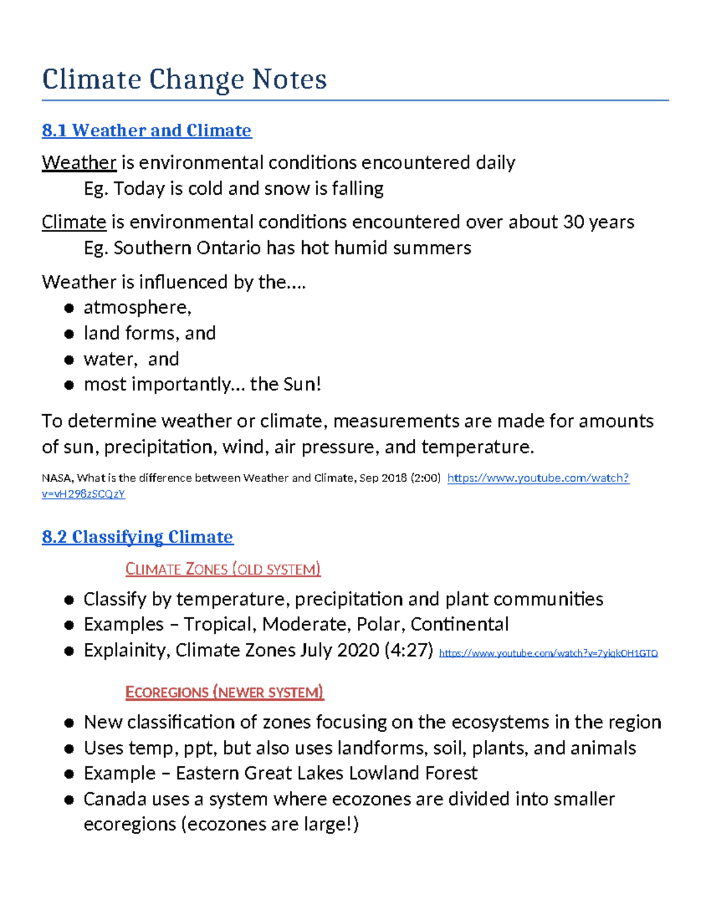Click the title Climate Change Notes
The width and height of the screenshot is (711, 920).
click(x=184, y=79)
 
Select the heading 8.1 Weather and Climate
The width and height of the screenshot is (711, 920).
click(x=146, y=130)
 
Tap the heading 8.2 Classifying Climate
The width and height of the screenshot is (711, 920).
click(x=137, y=537)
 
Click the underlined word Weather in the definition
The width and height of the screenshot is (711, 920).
click(x=79, y=162)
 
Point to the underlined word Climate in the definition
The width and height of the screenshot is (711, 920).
click(x=73, y=222)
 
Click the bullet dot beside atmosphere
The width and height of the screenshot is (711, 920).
click(x=69, y=308)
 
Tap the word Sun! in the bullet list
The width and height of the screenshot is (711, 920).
click(x=302, y=384)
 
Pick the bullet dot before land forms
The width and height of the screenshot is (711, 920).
click(x=69, y=334)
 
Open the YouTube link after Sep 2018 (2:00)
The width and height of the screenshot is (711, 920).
click(x=537, y=478)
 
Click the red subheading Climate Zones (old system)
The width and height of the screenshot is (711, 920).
click(x=223, y=569)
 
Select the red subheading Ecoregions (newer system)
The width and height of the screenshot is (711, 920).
click(x=225, y=692)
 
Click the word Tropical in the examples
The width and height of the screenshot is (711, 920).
click(x=219, y=624)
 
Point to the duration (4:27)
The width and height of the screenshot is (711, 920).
click(x=409, y=650)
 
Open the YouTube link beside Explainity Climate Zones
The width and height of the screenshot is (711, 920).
click(x=548, y=653)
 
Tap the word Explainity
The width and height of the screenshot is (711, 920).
click(x=127, y=650)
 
